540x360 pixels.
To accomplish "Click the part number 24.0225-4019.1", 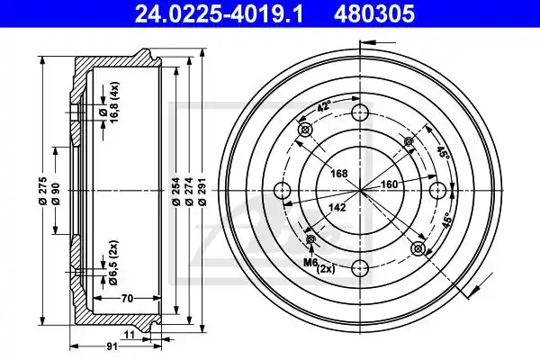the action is [220, 13].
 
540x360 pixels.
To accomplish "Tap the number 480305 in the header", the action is [374, 13].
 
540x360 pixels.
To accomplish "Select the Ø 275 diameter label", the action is [42, 191].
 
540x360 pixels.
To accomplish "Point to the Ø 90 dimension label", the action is [56, 194].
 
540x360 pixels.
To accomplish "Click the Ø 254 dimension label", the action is [176, 191].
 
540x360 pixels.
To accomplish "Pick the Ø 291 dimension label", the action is [202, 191].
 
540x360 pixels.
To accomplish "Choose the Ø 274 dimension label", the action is [189, 191].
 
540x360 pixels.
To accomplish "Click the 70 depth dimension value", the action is [127, 298].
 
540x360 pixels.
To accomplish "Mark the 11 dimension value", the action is [129, 335].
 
